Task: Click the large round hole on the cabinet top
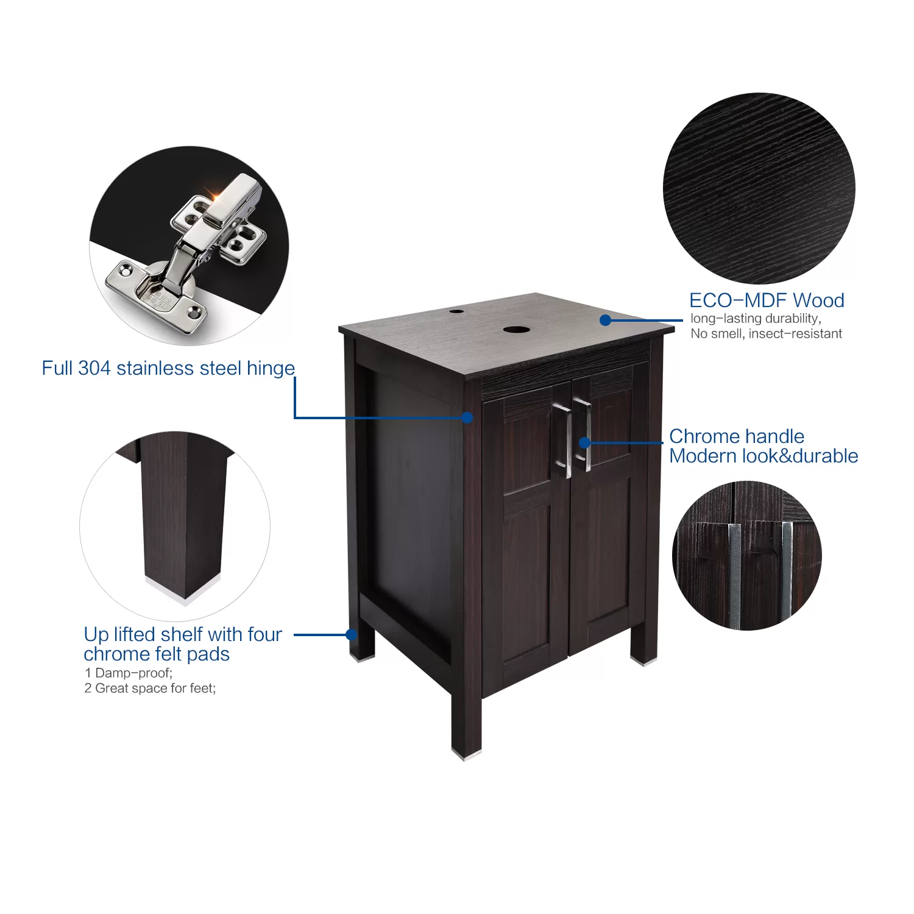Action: [x=516, y=330]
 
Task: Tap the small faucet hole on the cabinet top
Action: [x=456, y=311]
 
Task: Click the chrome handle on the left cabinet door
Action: [x=564, y=440]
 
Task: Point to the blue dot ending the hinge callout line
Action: [x=467, y=417]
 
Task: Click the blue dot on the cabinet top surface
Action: [x=605, y=320]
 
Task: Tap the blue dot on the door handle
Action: [x=584, y=442]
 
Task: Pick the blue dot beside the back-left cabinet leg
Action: [x=352, y=634]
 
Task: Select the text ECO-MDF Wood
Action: [x=767, y=300]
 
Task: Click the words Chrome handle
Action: [x=737, y=436]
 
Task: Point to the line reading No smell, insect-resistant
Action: [x=766, y=333]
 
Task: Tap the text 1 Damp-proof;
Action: [x=129, y=673]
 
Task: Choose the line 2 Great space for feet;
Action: [x=150, y=688]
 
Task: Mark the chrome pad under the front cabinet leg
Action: [x=466, y=755]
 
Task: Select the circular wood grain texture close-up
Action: [x=759, y=188]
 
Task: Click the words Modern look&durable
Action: [x=763, y=456]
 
